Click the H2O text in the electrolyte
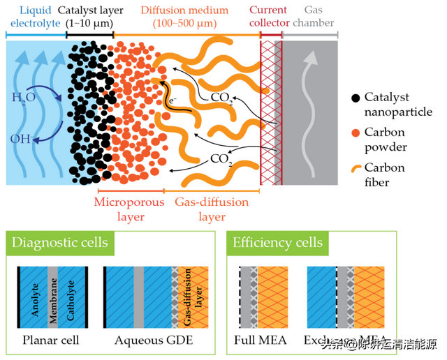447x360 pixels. point(23,98)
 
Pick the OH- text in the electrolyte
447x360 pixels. point(21,139)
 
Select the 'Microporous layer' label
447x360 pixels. point(129,209)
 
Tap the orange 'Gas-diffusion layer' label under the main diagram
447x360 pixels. point(202,209)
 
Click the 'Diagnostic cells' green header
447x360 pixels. point(59,242)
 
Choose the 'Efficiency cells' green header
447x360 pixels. point(278,242)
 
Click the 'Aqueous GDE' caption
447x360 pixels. point(154,341)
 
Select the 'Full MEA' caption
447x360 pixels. point(261,341)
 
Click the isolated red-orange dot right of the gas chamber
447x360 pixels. point(356,133)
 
